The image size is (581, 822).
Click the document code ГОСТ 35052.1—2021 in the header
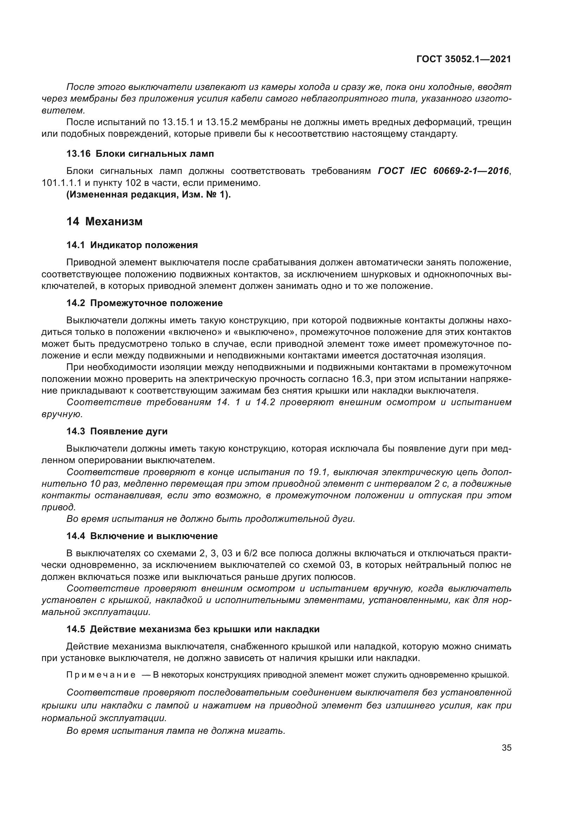click(464, 59)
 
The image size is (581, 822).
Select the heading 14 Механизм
click(104, 222)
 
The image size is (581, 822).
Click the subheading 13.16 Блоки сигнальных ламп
click(140, 154)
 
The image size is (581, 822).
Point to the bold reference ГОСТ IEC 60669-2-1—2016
click(443, 171)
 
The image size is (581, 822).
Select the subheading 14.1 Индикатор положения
click(132, 245)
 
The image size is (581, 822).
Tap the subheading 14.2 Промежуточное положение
click(144, 303)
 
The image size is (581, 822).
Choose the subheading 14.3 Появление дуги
click(117, 432)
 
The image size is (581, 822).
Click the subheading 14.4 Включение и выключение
click(142, 536)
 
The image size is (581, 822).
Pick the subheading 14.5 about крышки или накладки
click(193, 629)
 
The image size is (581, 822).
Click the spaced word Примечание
click(101, 675)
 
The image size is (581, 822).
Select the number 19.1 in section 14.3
click(318, 472)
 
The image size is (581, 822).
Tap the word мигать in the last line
click(266, 731)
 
